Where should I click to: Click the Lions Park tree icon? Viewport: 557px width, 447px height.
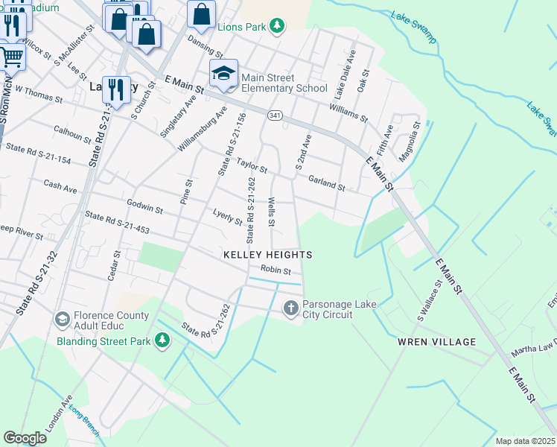[x=277, y=27]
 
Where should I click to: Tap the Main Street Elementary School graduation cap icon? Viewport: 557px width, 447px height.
[x=223, y=73]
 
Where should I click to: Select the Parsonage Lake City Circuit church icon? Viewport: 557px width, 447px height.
[x=291, y=307]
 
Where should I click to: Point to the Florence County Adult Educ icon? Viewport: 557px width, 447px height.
[x=63, y=319]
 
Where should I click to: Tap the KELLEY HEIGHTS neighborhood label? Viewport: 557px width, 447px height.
[x=267, y=255]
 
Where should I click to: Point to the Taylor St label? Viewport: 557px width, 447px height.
[x=252, y=165]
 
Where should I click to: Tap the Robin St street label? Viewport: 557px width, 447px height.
[x=275, y=270]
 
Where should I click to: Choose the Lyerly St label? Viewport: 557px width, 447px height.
[x=227, y=218]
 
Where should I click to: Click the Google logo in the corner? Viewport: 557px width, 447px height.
[x=25, y=438]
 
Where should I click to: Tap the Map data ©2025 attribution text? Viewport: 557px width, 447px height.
[x=525, y=441]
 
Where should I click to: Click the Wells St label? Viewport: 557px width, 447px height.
[x=272, y=212]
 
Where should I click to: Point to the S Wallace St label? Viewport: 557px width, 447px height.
[x=430, y=299]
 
